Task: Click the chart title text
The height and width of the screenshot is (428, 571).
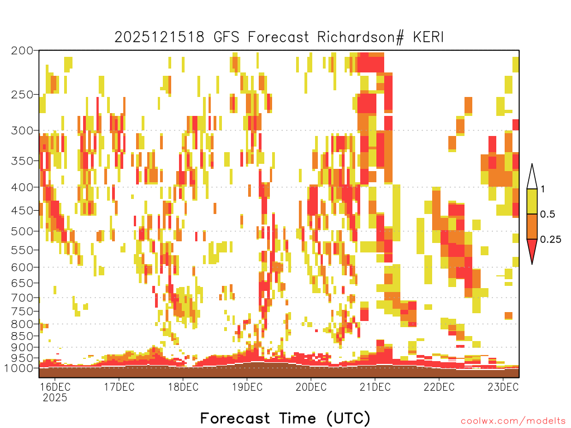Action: [279, 37]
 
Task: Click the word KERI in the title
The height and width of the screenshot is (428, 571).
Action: [428, 37]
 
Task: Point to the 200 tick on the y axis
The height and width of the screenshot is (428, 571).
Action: [22, 51]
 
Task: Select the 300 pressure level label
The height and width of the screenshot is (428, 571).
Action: [22, 130]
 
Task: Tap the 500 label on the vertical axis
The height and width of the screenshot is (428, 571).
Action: [22, 231]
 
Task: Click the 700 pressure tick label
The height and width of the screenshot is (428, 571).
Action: [22, 298]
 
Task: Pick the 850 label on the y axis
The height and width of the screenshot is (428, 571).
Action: [22, 336]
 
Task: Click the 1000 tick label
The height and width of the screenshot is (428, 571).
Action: [20, 368]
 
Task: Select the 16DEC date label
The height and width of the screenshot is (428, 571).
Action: [55, 387]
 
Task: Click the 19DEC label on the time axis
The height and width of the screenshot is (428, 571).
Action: [247, 387]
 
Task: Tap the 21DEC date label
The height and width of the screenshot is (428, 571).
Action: [375, 387]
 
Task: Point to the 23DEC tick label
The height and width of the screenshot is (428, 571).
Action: [503, 387]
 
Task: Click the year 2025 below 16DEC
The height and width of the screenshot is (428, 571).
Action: [55, 398]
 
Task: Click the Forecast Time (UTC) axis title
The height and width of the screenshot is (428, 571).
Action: [285, 419]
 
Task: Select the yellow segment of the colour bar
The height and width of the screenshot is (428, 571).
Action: [532, 201]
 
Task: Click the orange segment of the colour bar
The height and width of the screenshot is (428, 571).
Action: [532, 226]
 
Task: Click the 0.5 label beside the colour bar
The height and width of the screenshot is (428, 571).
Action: [548, 214]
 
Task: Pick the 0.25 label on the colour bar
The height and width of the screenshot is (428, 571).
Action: [550, 239]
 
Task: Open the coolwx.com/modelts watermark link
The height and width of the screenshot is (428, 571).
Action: [513, 421]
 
